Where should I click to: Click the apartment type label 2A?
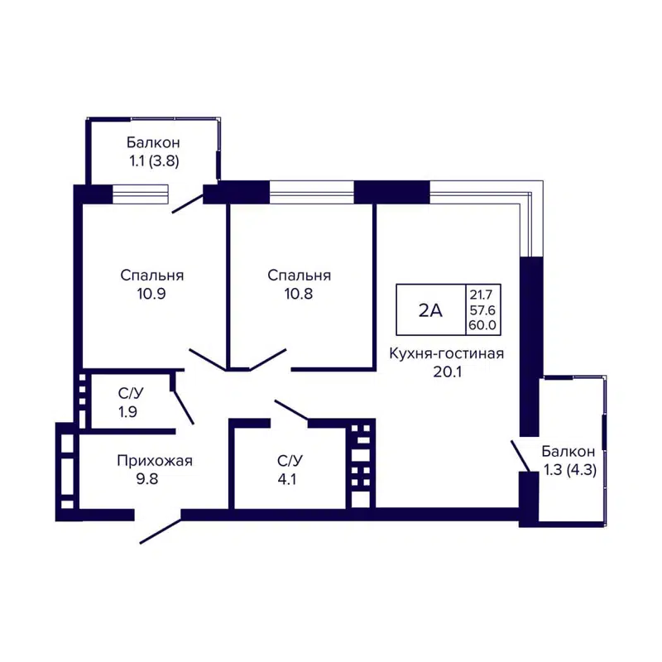tap(430, 310)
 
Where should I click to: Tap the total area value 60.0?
tap(482, 325)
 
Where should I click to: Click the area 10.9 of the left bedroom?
tap(151, 293)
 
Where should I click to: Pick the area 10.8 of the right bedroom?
tap(300, 293)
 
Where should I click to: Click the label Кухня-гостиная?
tap(448, 354)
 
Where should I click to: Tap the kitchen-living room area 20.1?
tap(448, 372)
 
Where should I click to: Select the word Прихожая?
tap(155, 461)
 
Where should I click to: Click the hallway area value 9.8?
tap(155, 478)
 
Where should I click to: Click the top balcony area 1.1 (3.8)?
tap(153, 161)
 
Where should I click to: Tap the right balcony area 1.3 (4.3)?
tap(568, 470)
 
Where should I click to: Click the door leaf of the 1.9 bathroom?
tap(184, 405)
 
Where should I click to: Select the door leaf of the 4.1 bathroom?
tap(291, 410)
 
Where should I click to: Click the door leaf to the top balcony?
tap(189, 203)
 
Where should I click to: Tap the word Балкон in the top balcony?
tap(153, 143)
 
